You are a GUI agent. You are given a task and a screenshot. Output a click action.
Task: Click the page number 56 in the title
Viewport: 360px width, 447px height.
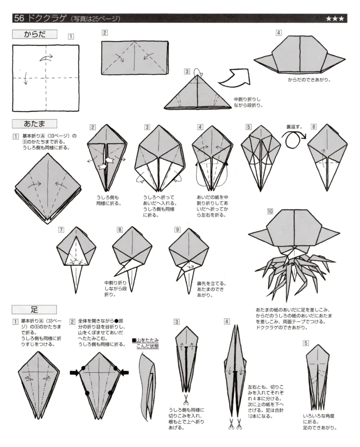20,18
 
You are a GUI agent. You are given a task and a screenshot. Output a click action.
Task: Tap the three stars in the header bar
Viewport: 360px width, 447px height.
335,19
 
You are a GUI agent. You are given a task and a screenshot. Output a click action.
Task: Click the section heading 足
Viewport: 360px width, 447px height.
34,309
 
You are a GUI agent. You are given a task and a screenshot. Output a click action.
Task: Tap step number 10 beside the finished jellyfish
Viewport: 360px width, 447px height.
270,211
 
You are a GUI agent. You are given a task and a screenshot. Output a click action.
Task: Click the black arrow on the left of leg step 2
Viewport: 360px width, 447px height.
75,372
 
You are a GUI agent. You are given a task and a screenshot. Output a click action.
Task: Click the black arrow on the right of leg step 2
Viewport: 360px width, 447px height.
125,372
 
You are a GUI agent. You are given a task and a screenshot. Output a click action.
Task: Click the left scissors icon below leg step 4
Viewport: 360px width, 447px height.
230,422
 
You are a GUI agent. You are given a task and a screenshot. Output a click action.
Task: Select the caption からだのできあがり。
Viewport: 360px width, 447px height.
309,80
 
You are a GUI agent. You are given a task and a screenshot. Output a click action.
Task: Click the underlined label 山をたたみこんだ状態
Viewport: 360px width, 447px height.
145,343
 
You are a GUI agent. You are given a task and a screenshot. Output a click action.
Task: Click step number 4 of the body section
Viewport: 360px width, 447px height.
278,33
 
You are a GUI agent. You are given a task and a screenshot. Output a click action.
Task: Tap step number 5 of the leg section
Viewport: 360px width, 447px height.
306,343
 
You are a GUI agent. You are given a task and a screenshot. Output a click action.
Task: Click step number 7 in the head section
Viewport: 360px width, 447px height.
61,230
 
